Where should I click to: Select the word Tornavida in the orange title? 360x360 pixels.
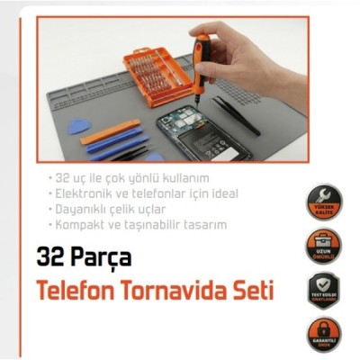pos(171,292)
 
